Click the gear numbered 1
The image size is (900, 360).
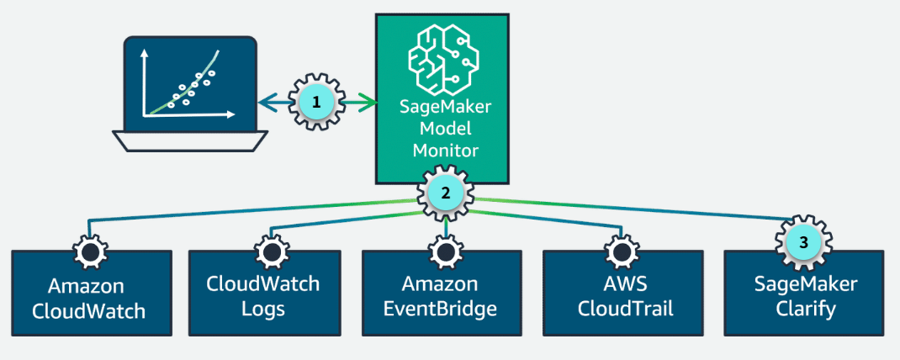(x=316, y=103)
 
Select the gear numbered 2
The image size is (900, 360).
(x=446, y=193)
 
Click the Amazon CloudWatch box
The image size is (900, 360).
(x=88, y=294)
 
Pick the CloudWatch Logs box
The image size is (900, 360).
(x=263, y=294)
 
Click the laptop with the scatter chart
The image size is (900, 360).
(x=190, y=93)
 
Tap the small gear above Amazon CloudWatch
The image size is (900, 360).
(x=87, y=251)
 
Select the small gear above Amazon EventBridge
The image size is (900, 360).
(x=444, y=251)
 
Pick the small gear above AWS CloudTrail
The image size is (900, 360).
(x=617, y=251)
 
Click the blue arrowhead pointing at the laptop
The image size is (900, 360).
(x=263, y=103)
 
